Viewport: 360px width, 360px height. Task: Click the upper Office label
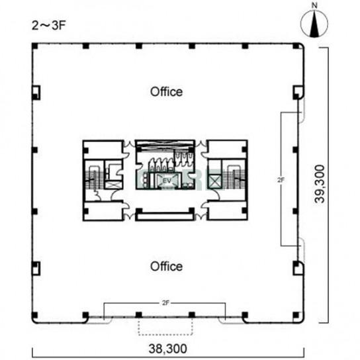[x=167, y=92]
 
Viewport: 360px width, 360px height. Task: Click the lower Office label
[x=167, y=266]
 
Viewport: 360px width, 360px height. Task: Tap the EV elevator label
[x=167, y=181]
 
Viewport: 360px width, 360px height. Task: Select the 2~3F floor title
[x=49, y=26]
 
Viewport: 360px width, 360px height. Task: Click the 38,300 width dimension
[x=167, y=349]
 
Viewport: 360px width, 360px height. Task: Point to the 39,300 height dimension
[x=320, y=184]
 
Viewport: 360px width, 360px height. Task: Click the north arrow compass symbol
[x=314, y=24]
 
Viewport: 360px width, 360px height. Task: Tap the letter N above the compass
[x=314, y=6]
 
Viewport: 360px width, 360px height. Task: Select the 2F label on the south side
[x=165, y=303]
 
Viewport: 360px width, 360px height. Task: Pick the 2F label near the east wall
[x=281, y=180]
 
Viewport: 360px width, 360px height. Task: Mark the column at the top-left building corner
[x=34, y=46]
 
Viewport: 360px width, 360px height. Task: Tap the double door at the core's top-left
[x=130, y=144]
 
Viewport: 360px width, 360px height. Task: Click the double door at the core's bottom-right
[x=201, y=216]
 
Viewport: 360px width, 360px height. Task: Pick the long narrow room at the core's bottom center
[x=165, y=216]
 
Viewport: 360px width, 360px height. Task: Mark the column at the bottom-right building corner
[x=296, y=315]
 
